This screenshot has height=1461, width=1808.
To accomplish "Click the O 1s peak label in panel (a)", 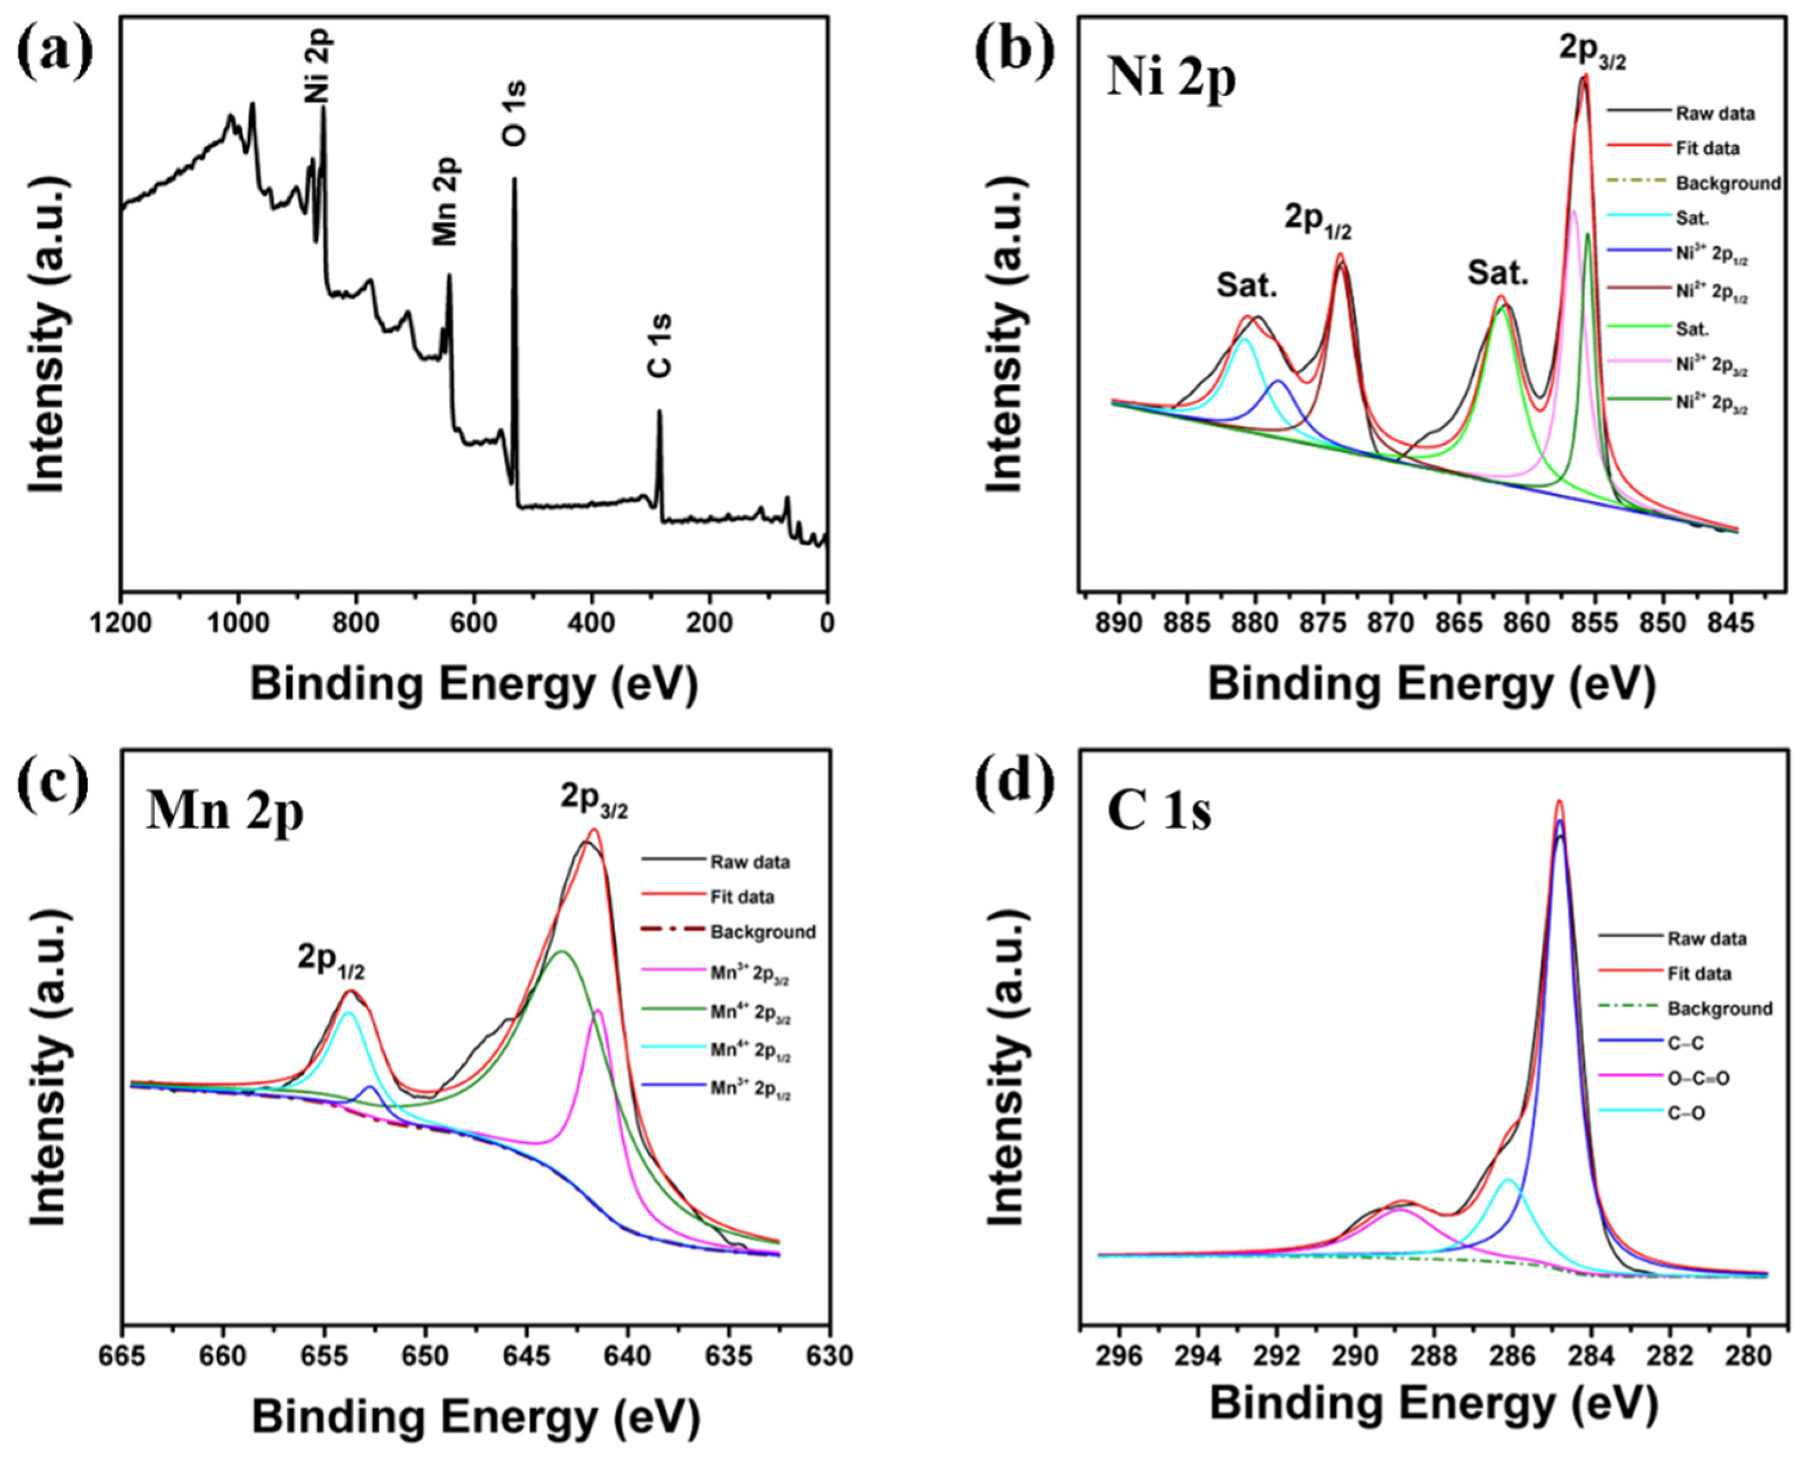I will (515, 114).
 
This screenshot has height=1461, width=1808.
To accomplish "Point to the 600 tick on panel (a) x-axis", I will (474, 624).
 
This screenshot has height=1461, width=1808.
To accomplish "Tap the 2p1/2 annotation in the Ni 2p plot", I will (1318, 220).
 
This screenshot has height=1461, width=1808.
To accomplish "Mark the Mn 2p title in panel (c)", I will (224, 812).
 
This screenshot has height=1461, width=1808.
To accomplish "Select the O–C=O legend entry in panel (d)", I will (1698, 1078).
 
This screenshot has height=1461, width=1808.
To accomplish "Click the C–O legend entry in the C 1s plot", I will (1686, 1113).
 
